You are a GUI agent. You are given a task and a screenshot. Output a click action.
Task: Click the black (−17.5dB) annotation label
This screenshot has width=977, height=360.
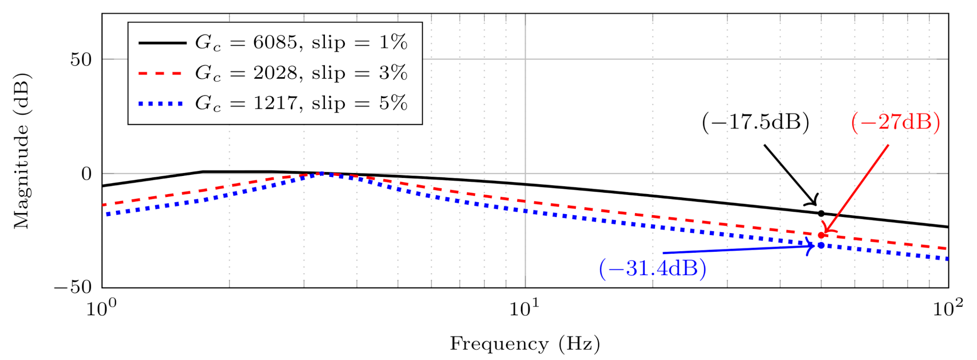pos(755,123)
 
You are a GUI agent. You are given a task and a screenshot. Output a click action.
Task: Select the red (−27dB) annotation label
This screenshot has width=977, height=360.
pos(895,123)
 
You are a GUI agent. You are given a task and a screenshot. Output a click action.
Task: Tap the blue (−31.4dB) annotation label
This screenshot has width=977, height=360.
pos(652,268)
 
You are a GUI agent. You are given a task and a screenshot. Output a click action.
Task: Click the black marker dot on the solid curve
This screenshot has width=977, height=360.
pos(821,213)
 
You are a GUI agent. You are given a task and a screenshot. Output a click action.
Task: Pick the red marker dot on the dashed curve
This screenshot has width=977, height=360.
pos(821,235)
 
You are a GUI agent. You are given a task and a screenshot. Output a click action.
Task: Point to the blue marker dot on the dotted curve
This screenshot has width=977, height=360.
pos(821,245)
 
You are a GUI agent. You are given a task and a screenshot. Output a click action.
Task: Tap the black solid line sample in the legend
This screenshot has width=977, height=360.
pos(162,43)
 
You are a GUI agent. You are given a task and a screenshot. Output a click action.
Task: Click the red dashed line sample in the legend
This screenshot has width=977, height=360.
pos(162,73)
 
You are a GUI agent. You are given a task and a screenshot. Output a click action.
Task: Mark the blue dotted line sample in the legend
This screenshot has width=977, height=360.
pos(162,103)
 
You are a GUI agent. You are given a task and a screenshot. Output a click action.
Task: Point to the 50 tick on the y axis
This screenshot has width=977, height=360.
pos(81,60)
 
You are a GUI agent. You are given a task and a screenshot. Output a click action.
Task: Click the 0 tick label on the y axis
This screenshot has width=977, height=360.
pos(86,174)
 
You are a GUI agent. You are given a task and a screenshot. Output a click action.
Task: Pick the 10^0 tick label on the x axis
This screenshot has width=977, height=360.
pos(102,308)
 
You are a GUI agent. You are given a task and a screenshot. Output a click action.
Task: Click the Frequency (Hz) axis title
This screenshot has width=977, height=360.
pos(525,344)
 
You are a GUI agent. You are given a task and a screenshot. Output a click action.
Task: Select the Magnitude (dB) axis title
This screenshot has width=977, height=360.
pos(21,151)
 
